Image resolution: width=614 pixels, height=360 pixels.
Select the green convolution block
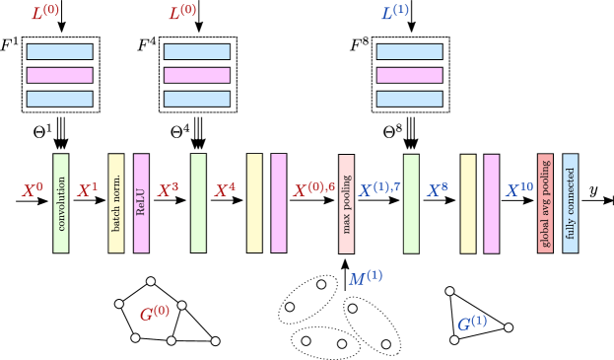[x=61, y=203]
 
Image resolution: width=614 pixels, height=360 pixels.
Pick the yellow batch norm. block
[x=116, y=203]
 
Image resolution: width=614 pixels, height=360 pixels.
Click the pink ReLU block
[x=141, y=203]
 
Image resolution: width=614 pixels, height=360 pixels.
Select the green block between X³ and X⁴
[x=198, y=203]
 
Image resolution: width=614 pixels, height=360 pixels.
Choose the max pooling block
[x=346, y=203]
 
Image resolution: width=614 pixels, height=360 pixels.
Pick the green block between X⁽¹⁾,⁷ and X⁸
[x=411, y=203]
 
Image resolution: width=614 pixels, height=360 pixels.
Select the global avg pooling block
[x=545, y=203]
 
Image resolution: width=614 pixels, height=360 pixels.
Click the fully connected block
[x=571, y=203]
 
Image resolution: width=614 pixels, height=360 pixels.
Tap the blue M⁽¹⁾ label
[x=365, y=279]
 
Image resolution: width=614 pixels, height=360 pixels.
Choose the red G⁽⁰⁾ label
[x=154, y=314]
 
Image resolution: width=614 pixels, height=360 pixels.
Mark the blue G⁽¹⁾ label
[x=471, y=324]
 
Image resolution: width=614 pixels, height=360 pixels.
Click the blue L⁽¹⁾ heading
[x=394, y=14]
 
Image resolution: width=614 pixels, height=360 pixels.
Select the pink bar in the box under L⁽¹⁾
[x=409, y=75]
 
